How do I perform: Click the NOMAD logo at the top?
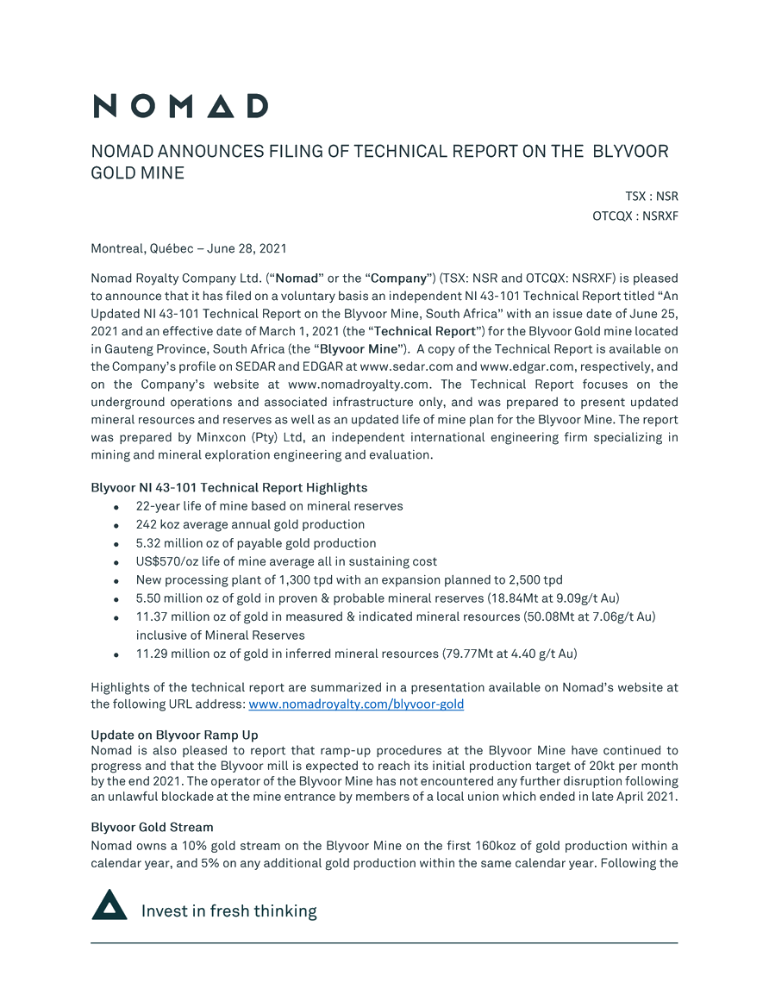180,106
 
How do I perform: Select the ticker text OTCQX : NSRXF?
635,216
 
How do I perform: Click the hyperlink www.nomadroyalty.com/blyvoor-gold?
355,704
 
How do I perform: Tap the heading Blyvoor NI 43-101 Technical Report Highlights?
228,488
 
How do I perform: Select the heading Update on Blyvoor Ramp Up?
174,735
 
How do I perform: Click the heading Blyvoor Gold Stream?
152,827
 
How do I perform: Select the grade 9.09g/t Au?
583,598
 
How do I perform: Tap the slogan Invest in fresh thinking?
228,911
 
